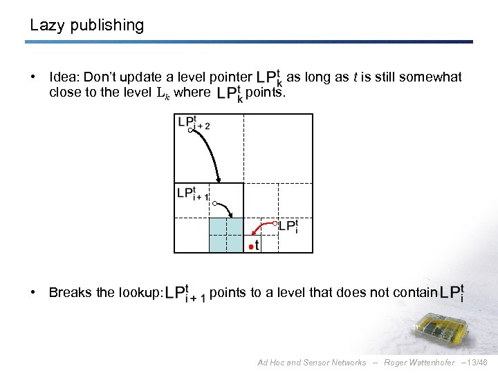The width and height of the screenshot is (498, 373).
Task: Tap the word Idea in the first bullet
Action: (64, 77)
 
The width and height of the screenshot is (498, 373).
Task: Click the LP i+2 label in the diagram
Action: (193, 122)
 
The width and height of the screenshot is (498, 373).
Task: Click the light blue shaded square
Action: (226, 235)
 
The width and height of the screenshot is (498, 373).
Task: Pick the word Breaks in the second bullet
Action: (70, 293)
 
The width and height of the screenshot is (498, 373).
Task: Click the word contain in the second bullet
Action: (414, 293)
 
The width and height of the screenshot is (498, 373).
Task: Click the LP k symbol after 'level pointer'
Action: (269, 77)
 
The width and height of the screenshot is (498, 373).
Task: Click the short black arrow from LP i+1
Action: (228, 209)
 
